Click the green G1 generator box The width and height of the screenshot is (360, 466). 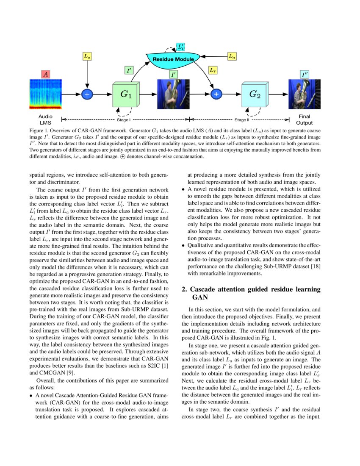coord(126,95)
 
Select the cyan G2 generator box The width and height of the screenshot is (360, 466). coord(255,95)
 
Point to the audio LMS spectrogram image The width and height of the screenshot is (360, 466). coord(45,95)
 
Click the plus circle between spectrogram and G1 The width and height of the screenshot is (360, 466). coord(87,95)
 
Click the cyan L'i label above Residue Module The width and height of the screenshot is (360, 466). coord(181,47)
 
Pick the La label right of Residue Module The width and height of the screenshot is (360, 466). coord(232,56)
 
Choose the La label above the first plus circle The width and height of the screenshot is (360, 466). coord(87,56)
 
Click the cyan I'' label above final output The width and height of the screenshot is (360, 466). coord(304,75)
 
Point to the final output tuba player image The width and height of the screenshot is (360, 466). coord(304,95)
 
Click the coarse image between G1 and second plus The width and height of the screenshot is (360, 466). coord(173,95)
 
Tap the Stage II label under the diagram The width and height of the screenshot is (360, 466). coord(254,120)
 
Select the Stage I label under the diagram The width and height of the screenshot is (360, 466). coord(124,120)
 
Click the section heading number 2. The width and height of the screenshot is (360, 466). coord(184,289)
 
